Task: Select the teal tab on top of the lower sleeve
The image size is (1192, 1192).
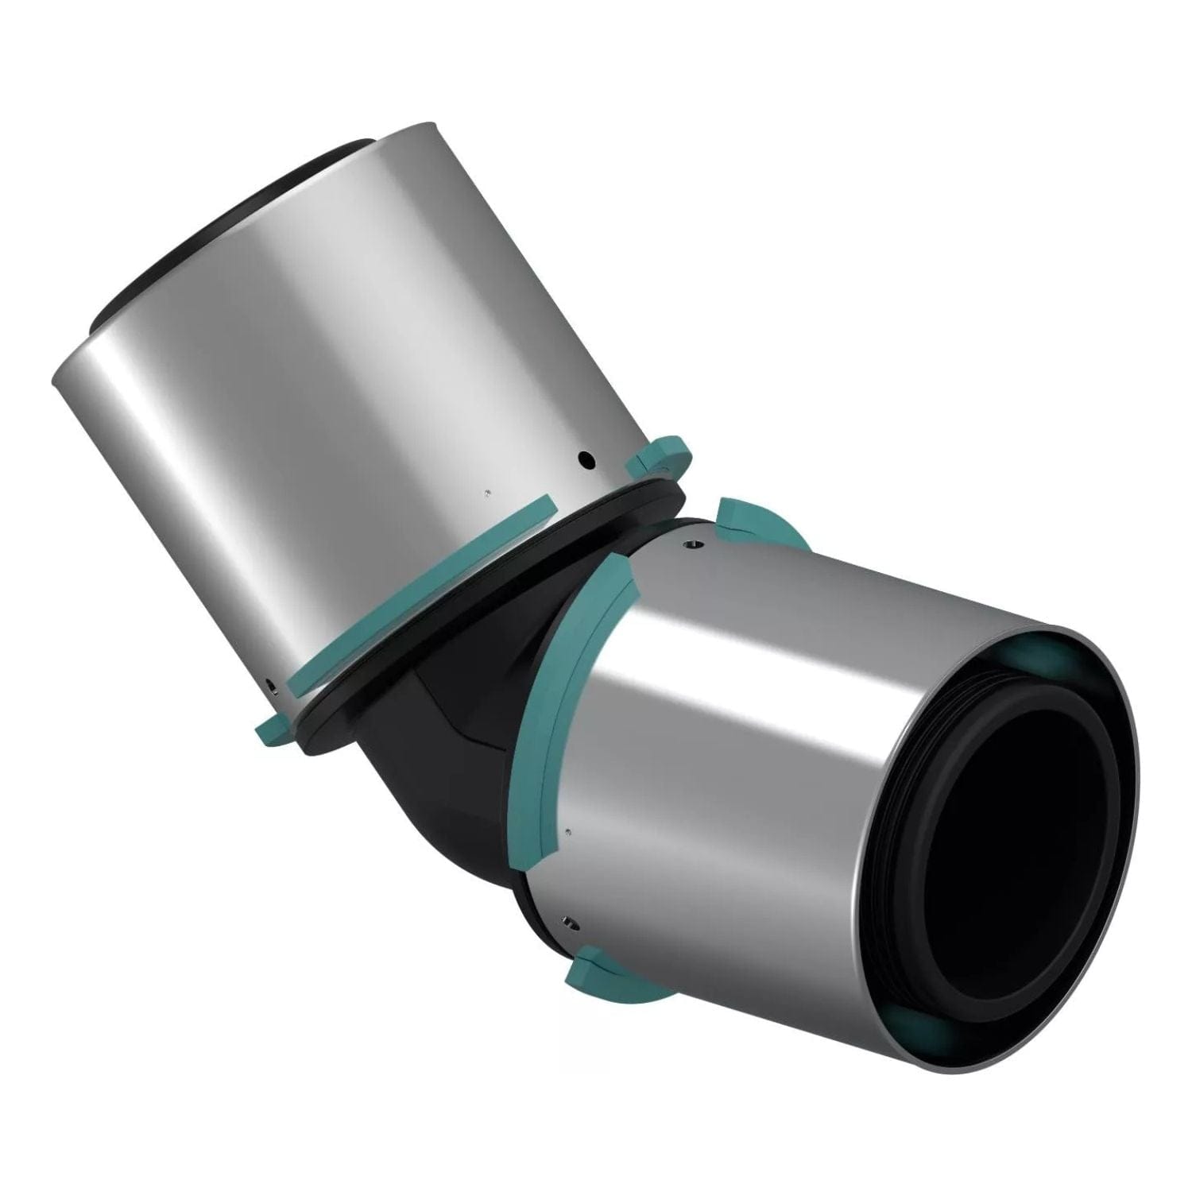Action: (751, 521)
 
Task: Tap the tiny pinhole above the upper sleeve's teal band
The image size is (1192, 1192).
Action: (486, 493)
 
